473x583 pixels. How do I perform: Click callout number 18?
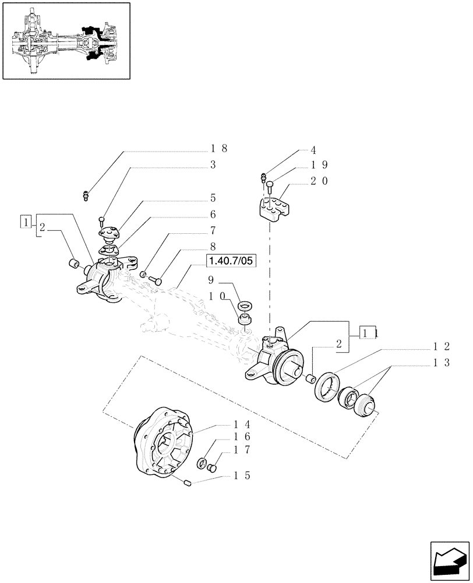(x=218, y=148)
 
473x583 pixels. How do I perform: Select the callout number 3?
(x=213, y=165)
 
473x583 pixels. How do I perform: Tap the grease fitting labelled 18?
(x=86, y=194)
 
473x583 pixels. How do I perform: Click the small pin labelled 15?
(x=186, y=482)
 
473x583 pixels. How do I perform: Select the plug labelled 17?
(x=213, y=466)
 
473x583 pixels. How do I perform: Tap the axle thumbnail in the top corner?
(x=66, y=41)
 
